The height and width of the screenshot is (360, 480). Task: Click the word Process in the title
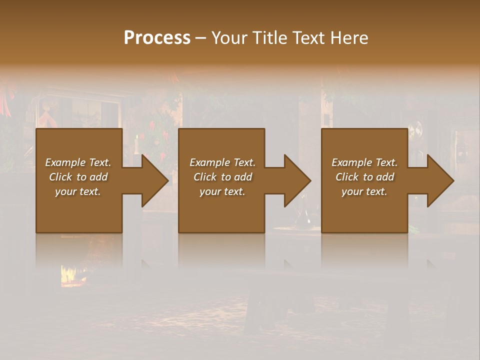(x=157, y=38)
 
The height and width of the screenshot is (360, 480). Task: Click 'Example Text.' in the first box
(x=78, y=162)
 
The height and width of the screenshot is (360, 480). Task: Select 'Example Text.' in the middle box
(x=222, y=162)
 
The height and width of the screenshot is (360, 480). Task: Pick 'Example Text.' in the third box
(x=364, y=162)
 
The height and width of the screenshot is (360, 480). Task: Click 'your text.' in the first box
(x=78, y=191)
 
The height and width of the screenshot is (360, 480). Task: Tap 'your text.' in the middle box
(x=222, y=191)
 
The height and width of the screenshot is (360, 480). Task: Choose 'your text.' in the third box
(x=364, y=191)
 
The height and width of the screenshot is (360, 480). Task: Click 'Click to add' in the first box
(x=78, y=177)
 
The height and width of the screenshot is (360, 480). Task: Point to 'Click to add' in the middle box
(x=222, y=177)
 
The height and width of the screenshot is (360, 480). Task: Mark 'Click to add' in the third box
(x=364, y=177)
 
